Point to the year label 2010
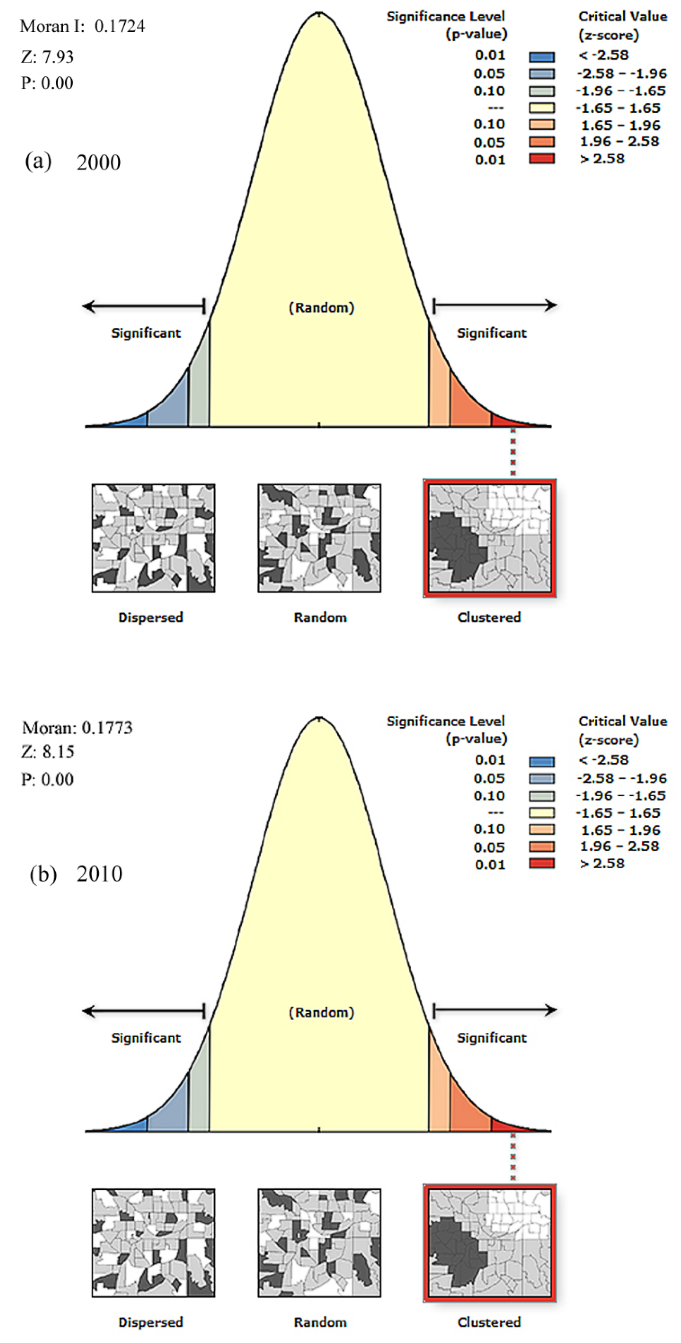(100, 874)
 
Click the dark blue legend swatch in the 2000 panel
(542, 56)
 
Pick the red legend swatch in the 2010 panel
(542, 863)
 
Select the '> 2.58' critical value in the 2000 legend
(602, 159)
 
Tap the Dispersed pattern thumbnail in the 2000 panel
(153, 538)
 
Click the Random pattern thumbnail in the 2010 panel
(319, 1242)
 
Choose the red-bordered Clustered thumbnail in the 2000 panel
(489, 538)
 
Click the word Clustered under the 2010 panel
(489, 1322)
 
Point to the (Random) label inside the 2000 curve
(321, 308)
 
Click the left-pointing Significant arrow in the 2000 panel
(143, 306)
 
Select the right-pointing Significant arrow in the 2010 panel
(495, 1010)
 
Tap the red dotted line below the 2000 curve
(513, 451)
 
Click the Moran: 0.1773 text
(78, 728)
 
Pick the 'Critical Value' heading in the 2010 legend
(623, 721)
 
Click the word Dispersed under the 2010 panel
(151, 1322)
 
